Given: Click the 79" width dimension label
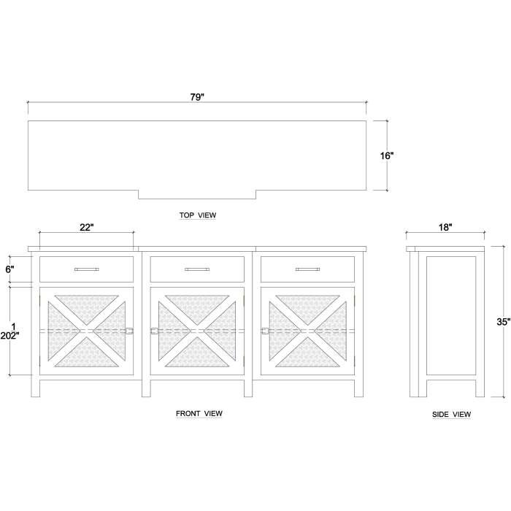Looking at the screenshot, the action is click(x=197, y=97).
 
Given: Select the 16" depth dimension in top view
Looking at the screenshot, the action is click(x=387, y=155).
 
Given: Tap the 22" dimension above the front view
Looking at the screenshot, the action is click(x=87, y=227).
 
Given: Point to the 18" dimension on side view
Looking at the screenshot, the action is click(x=445, y=227).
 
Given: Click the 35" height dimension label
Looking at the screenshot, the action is click(x=504, y=322).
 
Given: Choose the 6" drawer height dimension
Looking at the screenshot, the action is click(x=9, y=269).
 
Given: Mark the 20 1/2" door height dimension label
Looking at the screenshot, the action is click(x=9, y=331).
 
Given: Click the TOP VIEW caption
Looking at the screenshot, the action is click(x=198, y=215).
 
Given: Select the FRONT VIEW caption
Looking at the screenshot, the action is click(x=199, y=413).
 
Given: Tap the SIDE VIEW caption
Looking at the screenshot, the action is click(x=451, y=414).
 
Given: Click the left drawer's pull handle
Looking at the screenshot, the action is click(x=86, y=269).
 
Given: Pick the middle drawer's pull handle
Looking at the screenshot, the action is click(x=197, y=269).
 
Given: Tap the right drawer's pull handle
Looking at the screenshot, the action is click(x=307, y=269).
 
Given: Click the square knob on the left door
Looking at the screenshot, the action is click(x=129, y=331).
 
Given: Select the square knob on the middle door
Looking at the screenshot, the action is click(x=154, y=331).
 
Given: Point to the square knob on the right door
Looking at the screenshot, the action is click(x=265, y=331).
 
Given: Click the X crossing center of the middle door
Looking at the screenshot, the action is click(x=197, y=331).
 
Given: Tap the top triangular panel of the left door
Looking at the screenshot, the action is click(x=87, y=307).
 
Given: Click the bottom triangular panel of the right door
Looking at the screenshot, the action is click(x=307, y=356).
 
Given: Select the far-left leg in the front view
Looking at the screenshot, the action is click(x=36, y=388).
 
